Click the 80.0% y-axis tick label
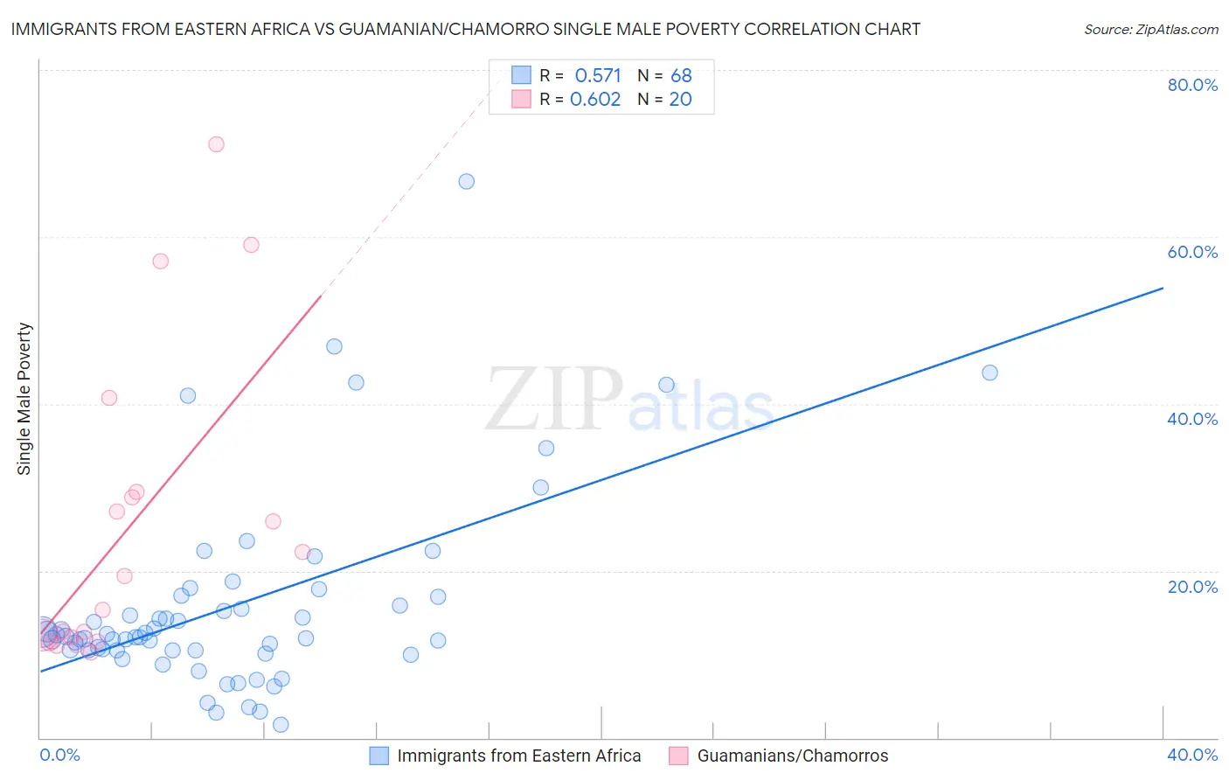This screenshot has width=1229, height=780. coord(1192,85)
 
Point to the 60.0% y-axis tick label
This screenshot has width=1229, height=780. coord(1192,252)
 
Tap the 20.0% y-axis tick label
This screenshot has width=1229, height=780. coord(1192,586)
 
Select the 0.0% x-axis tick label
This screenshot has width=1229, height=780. coord(60,755)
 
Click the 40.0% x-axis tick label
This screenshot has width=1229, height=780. coord(1192,755)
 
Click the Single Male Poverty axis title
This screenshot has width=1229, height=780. coord(24,399)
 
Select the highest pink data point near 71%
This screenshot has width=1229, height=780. coord(216,144)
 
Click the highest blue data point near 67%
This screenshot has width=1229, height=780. coord(467,181)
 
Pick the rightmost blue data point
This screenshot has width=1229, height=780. coord(989,373)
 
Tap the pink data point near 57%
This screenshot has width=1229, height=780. coord(160,261)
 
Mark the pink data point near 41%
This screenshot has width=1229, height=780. coord(109,398)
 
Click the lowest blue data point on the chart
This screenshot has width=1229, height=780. coord(281,724)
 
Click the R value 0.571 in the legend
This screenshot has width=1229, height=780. coord(598,76)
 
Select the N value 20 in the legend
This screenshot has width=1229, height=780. coord(680,100)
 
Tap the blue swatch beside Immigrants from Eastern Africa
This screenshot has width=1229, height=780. coord(378,756)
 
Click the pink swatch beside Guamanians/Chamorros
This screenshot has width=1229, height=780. coord(678,756)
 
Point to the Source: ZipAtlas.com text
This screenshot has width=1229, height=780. coord(1150,30)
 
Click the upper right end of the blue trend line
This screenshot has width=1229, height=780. coord(1163,288)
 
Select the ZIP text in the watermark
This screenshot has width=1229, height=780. coord(554,400)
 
